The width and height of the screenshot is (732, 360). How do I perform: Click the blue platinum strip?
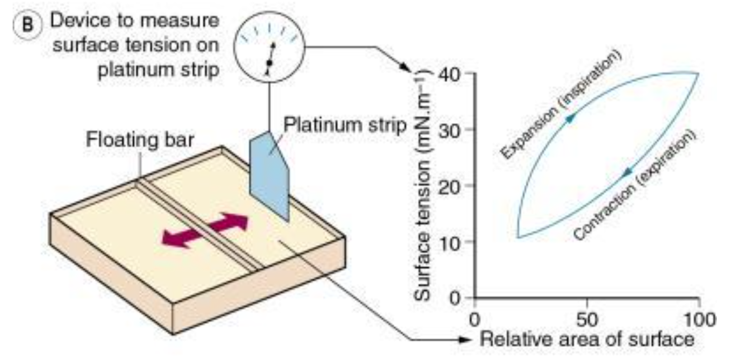[269, 174]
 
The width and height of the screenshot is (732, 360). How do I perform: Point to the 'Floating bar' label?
[140, 139]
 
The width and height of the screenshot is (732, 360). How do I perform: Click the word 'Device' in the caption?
[80, 22]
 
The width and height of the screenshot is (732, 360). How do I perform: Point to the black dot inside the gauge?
[269, 63]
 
